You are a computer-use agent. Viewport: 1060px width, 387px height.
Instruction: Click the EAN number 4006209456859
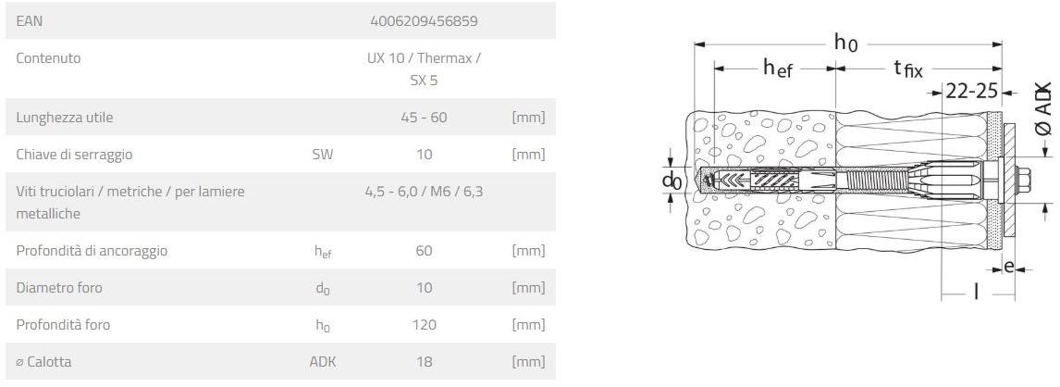point(424,19)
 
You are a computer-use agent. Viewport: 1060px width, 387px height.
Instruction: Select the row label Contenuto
point(48,57)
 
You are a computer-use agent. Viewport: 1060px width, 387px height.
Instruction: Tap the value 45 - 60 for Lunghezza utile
point(424,118)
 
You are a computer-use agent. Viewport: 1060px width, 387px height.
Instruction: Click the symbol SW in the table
point(322,155)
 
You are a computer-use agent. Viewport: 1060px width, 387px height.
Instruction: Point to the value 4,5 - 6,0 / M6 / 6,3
point(424,191)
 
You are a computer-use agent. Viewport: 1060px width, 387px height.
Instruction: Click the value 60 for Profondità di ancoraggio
point(424,251)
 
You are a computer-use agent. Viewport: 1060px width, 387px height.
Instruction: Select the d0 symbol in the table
point(322,289)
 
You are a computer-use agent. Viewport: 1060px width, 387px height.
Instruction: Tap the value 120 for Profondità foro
point(424,325)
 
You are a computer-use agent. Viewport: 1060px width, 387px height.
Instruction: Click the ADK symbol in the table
point(322,362)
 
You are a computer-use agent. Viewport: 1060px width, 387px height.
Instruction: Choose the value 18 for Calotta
point(424,362)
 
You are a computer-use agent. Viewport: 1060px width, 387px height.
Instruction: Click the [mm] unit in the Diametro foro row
point(528,288)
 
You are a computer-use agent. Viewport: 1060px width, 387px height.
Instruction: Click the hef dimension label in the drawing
point(778,69)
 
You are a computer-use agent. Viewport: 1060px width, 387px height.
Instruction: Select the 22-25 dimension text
point(971,91)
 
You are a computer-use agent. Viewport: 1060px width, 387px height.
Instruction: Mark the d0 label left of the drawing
point(672,181)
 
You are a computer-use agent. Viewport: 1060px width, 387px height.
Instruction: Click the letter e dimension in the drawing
point(1009,268)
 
